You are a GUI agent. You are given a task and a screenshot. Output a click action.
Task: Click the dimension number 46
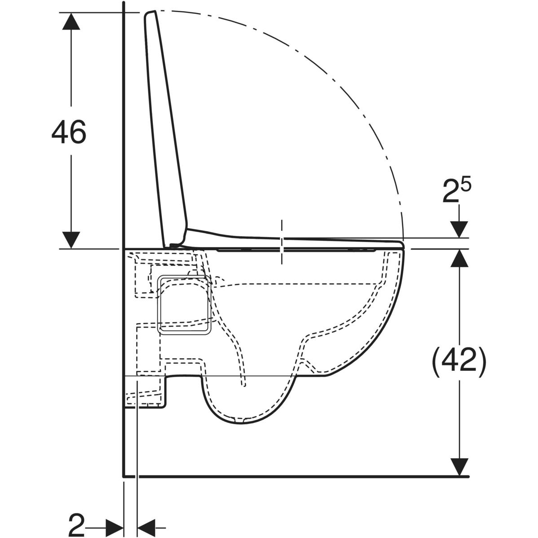click(x=69, y=132)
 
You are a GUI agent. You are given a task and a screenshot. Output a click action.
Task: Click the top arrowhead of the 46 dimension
click(x=71, y=21)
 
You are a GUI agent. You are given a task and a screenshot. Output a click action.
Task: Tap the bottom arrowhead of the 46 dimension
click(x=71, y=239)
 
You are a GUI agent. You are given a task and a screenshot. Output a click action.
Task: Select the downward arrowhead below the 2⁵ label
click(x=459, y=230)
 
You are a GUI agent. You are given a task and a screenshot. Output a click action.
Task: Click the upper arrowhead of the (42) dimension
click(x=459, y=258)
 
